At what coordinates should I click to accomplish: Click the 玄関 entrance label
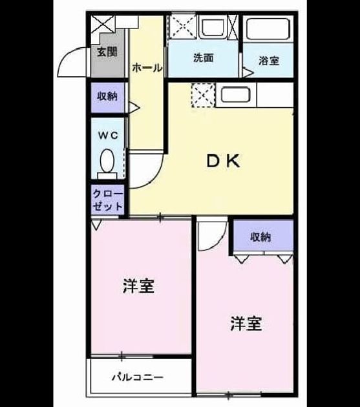(x=107, y=52)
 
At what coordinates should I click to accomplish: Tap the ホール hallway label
(x=147, y=68)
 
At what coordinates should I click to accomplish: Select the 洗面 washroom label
(x=204, y=57)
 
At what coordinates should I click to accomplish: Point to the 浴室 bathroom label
(x=269, y=61)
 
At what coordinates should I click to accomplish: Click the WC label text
(x=108, y=135)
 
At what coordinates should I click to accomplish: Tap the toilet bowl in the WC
(x=107, y=161)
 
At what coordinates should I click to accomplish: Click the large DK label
(x=223, y=161)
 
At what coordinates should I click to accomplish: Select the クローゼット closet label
(x=107, y=200)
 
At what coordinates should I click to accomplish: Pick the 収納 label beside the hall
(x=107, y=96)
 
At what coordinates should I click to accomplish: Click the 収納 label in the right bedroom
(x=260, y=236)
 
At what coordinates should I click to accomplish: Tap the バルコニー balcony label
(x=138, y=377)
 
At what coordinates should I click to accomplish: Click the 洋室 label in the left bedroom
(x=138, y=286)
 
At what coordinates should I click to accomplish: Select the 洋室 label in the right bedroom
(x=246, y=324)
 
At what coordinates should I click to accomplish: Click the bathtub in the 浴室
(x=268, y=28)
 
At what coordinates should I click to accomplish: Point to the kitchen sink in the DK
(x=236, y=95)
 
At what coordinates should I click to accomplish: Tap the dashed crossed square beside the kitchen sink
(x=203, y=95)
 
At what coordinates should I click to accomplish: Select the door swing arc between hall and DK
(x=155, y=178)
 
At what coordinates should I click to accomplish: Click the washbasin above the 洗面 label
(x=213, y=27)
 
